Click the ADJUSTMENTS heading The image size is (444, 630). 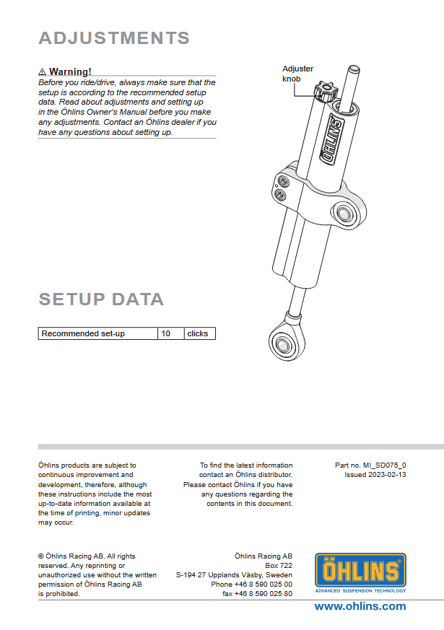pyautogui.click(x=114, y=38)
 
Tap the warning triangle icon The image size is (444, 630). pyautogui.click(x=42, y=72)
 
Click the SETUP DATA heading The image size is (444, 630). pyautogui.click(x=101, y=299)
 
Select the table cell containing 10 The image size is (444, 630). pyautogui.click(x=171, y=333)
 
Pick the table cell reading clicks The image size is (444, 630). pyautogui.click(x=200, y=333)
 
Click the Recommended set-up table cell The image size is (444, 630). pyautogui.click(x=98, y=333)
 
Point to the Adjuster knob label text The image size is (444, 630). pyautogui.click(x=297, y=74)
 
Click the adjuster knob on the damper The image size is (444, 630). pyautogui.click(x=325, y=92)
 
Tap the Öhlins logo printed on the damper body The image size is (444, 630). pyautogui.click(x=332, y=139)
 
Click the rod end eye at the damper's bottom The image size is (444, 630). pyautogui.click(x=283, y=343)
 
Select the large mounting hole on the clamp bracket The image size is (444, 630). pyautogui.click(x=343, y=213)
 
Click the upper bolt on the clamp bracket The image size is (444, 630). pyautogui.click(x=282, y=182)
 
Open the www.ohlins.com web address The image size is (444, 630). pyautogui.click(x=360, y=606)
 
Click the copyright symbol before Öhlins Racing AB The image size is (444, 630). pyautogui.click(x=41, y=556)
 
